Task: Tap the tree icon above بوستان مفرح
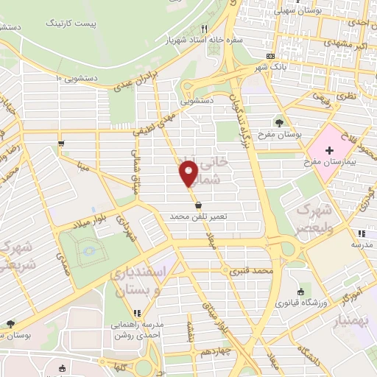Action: click(279, 121)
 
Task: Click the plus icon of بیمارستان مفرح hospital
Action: click(329, 150)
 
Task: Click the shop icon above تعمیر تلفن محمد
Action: click(199, 205)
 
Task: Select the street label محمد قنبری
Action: click(251, 272)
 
